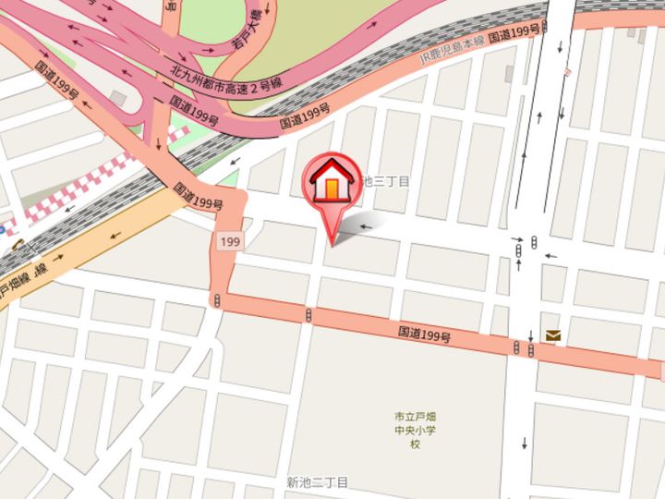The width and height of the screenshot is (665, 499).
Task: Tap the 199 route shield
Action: [x=231, y=241]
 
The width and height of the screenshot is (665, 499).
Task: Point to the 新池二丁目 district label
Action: [x=317, y=482]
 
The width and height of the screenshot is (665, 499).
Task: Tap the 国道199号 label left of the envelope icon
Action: [x=425, y=333]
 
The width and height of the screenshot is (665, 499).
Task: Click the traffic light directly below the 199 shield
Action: [x=217, y=301]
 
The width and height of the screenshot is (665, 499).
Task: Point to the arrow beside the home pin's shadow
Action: [x=369, y=225]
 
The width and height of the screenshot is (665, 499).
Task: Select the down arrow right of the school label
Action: [x=524, y=443]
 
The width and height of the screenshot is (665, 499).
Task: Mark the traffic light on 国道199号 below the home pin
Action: [x=308, y=316]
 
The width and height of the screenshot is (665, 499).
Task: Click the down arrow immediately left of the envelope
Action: [x=533, y=335]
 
